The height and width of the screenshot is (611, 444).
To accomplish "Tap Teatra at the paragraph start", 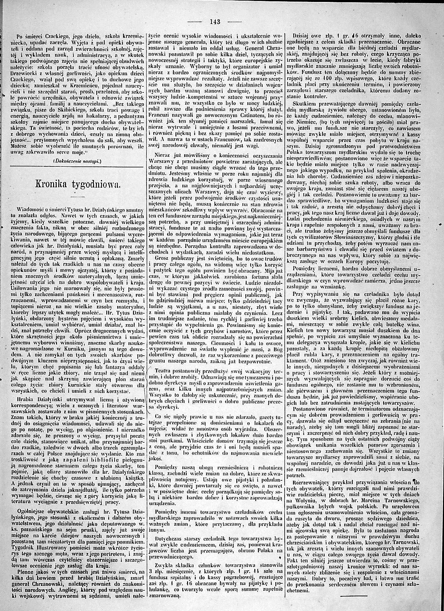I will [x=163, y=371].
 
